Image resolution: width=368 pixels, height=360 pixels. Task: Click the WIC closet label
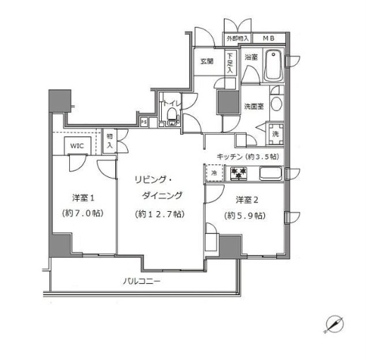(76, 146)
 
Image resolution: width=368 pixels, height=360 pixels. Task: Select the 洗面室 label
(254, 107)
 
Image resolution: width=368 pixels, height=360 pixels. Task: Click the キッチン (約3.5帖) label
(247, 155)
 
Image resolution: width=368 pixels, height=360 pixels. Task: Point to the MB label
(270, 39)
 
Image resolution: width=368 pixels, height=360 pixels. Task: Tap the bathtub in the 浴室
(273, 67)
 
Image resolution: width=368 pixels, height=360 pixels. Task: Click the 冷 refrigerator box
(213, 172)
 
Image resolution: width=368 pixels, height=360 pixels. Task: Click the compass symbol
(333, 324)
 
